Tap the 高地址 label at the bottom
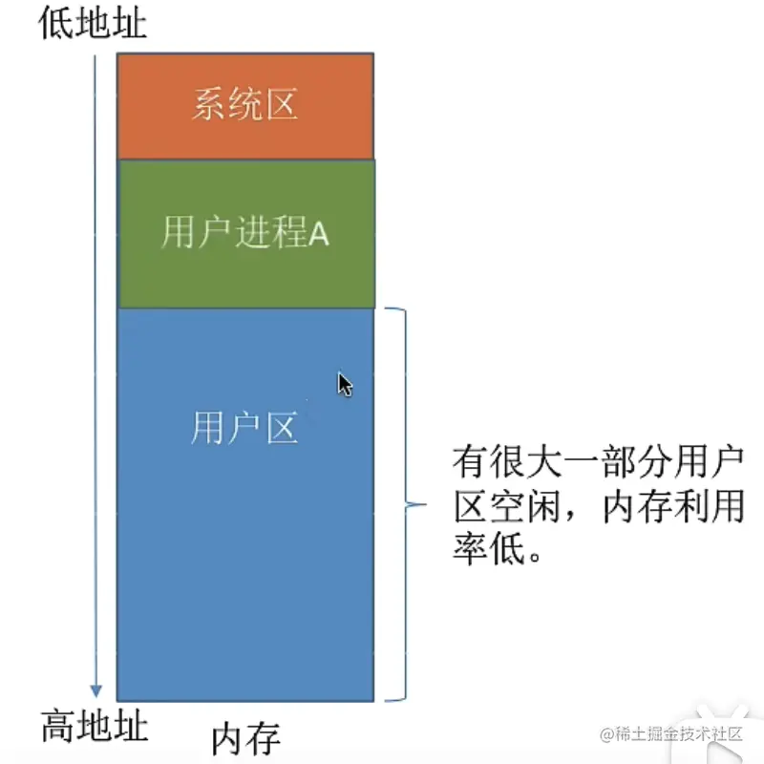tap(95, 728)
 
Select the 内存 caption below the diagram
tap(245, 738)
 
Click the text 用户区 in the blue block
tap(244, 429)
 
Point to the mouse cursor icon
tap(345, 384)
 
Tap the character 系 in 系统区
tap(209, 105)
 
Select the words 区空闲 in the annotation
tap(508, 507)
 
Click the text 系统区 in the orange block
tap(244, 105)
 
